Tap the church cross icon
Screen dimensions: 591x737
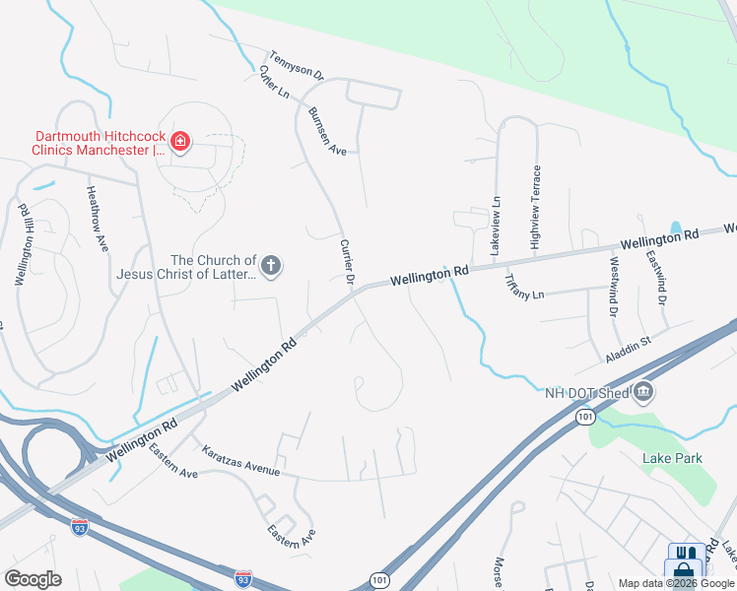(271, 265)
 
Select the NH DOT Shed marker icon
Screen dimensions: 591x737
(643, 393)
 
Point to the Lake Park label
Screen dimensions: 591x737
(672, 458)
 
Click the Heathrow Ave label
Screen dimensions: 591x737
(97, 219)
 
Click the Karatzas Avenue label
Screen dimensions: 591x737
(240, 460)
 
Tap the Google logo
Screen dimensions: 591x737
(33, 578)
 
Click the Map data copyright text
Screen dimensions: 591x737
(677, 583)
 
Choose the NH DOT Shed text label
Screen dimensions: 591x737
(586, 393)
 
